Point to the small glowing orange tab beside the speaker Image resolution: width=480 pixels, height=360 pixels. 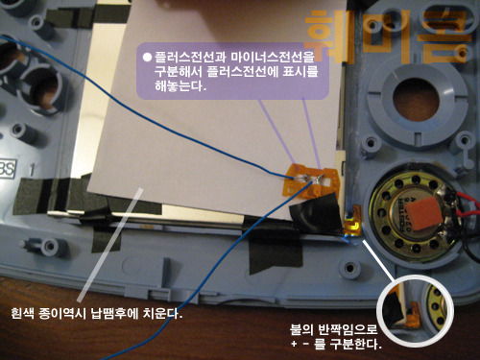(352, 225)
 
